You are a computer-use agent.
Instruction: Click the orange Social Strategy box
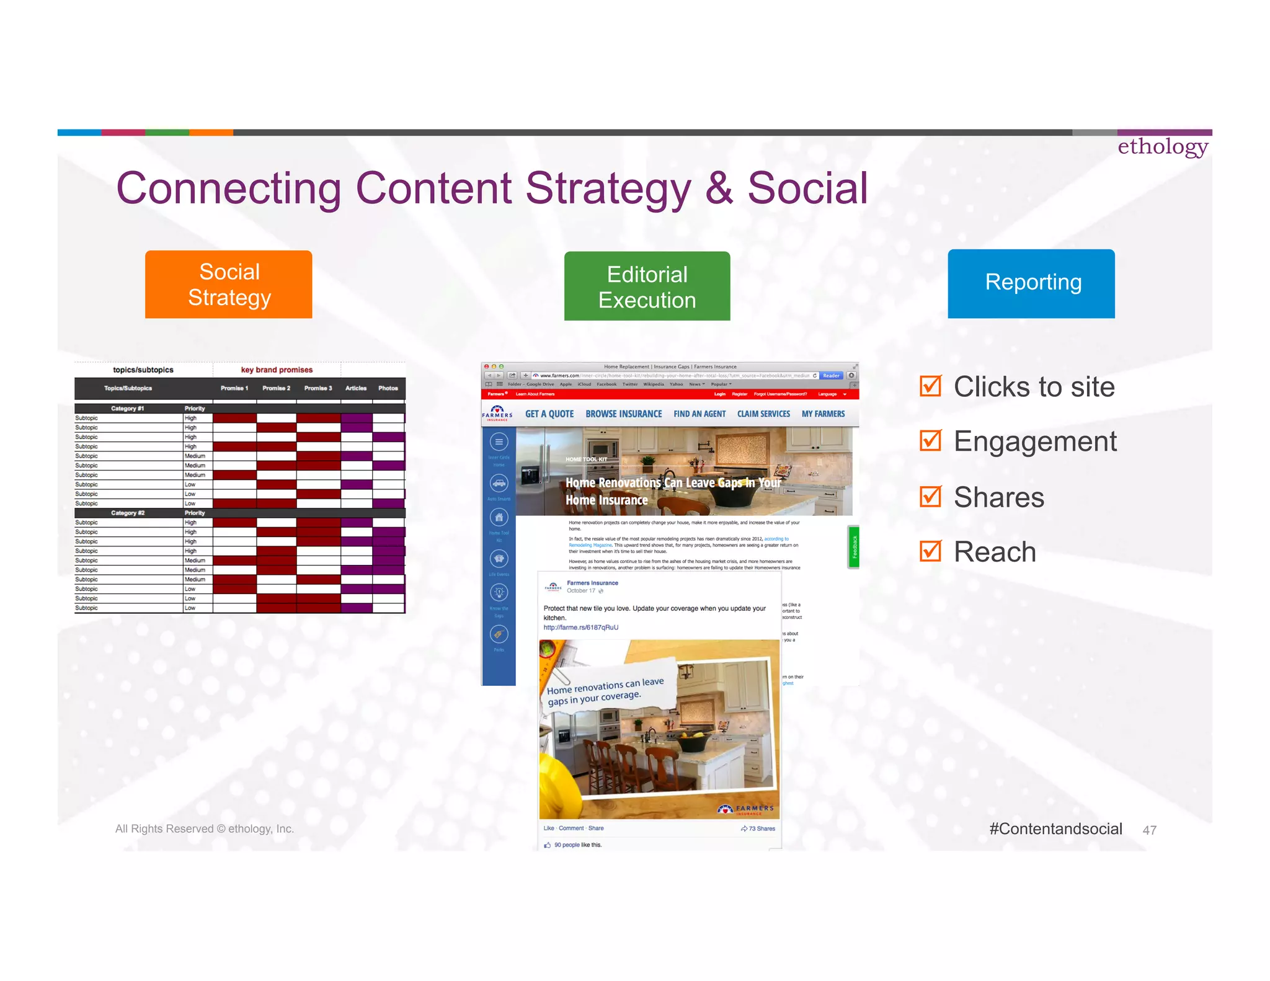228,285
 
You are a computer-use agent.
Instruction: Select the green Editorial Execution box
647,286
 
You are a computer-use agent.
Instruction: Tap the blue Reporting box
1031,283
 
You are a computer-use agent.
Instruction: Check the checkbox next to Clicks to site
930,386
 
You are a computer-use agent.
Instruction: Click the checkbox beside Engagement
930,441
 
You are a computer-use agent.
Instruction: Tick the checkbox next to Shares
930,497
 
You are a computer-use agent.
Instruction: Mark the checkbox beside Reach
930,551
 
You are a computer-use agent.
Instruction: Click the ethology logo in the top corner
1162,147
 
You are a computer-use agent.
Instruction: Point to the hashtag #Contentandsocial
1055,829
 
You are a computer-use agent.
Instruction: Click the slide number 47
1149,830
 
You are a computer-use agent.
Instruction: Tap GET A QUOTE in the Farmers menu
549,414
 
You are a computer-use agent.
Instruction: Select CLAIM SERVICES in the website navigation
763,414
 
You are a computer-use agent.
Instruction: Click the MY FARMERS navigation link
823,414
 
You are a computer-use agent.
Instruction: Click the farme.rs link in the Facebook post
580,628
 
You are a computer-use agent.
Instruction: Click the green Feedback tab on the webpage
854,547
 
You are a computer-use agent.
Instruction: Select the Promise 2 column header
276,388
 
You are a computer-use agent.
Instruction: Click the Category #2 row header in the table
128,513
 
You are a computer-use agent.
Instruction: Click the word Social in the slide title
807,189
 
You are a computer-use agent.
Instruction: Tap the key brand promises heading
277,370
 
